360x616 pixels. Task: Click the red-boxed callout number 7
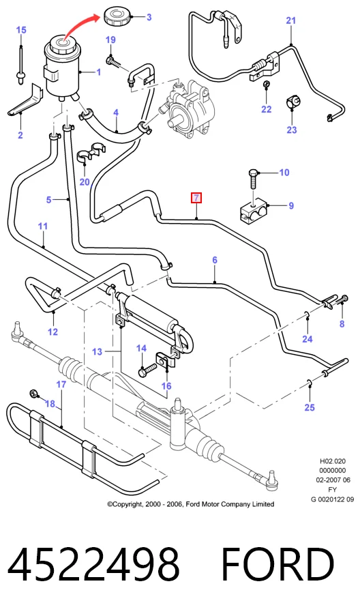pyautogui.click(x=196, y=198)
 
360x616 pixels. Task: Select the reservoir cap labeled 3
pyautogui.click(x=117, y=17)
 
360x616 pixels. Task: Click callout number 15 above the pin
pyautogui.click(x=21, y=29)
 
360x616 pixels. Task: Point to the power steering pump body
pyautogui.click(x=188, y=109)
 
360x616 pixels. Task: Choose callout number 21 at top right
pyautogui.click(x=290, y=20)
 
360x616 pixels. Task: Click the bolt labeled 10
pyautogui.click(x=252, y=184)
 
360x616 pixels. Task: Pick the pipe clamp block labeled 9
pyautogui.click(x=254, y=211)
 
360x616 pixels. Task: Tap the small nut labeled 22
pyautogui.click(x=266, y=84)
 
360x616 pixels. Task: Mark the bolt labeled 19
pyautogui.click(x=113, y=61)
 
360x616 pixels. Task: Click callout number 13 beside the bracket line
pyautogui.click(x=97, y=351)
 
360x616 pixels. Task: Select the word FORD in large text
pyautogui.click(x=278, y=564)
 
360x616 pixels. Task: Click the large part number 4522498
pyautogui.click(x=93, y=564)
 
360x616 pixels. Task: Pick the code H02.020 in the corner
pyautogui.click(x=332, y=461)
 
